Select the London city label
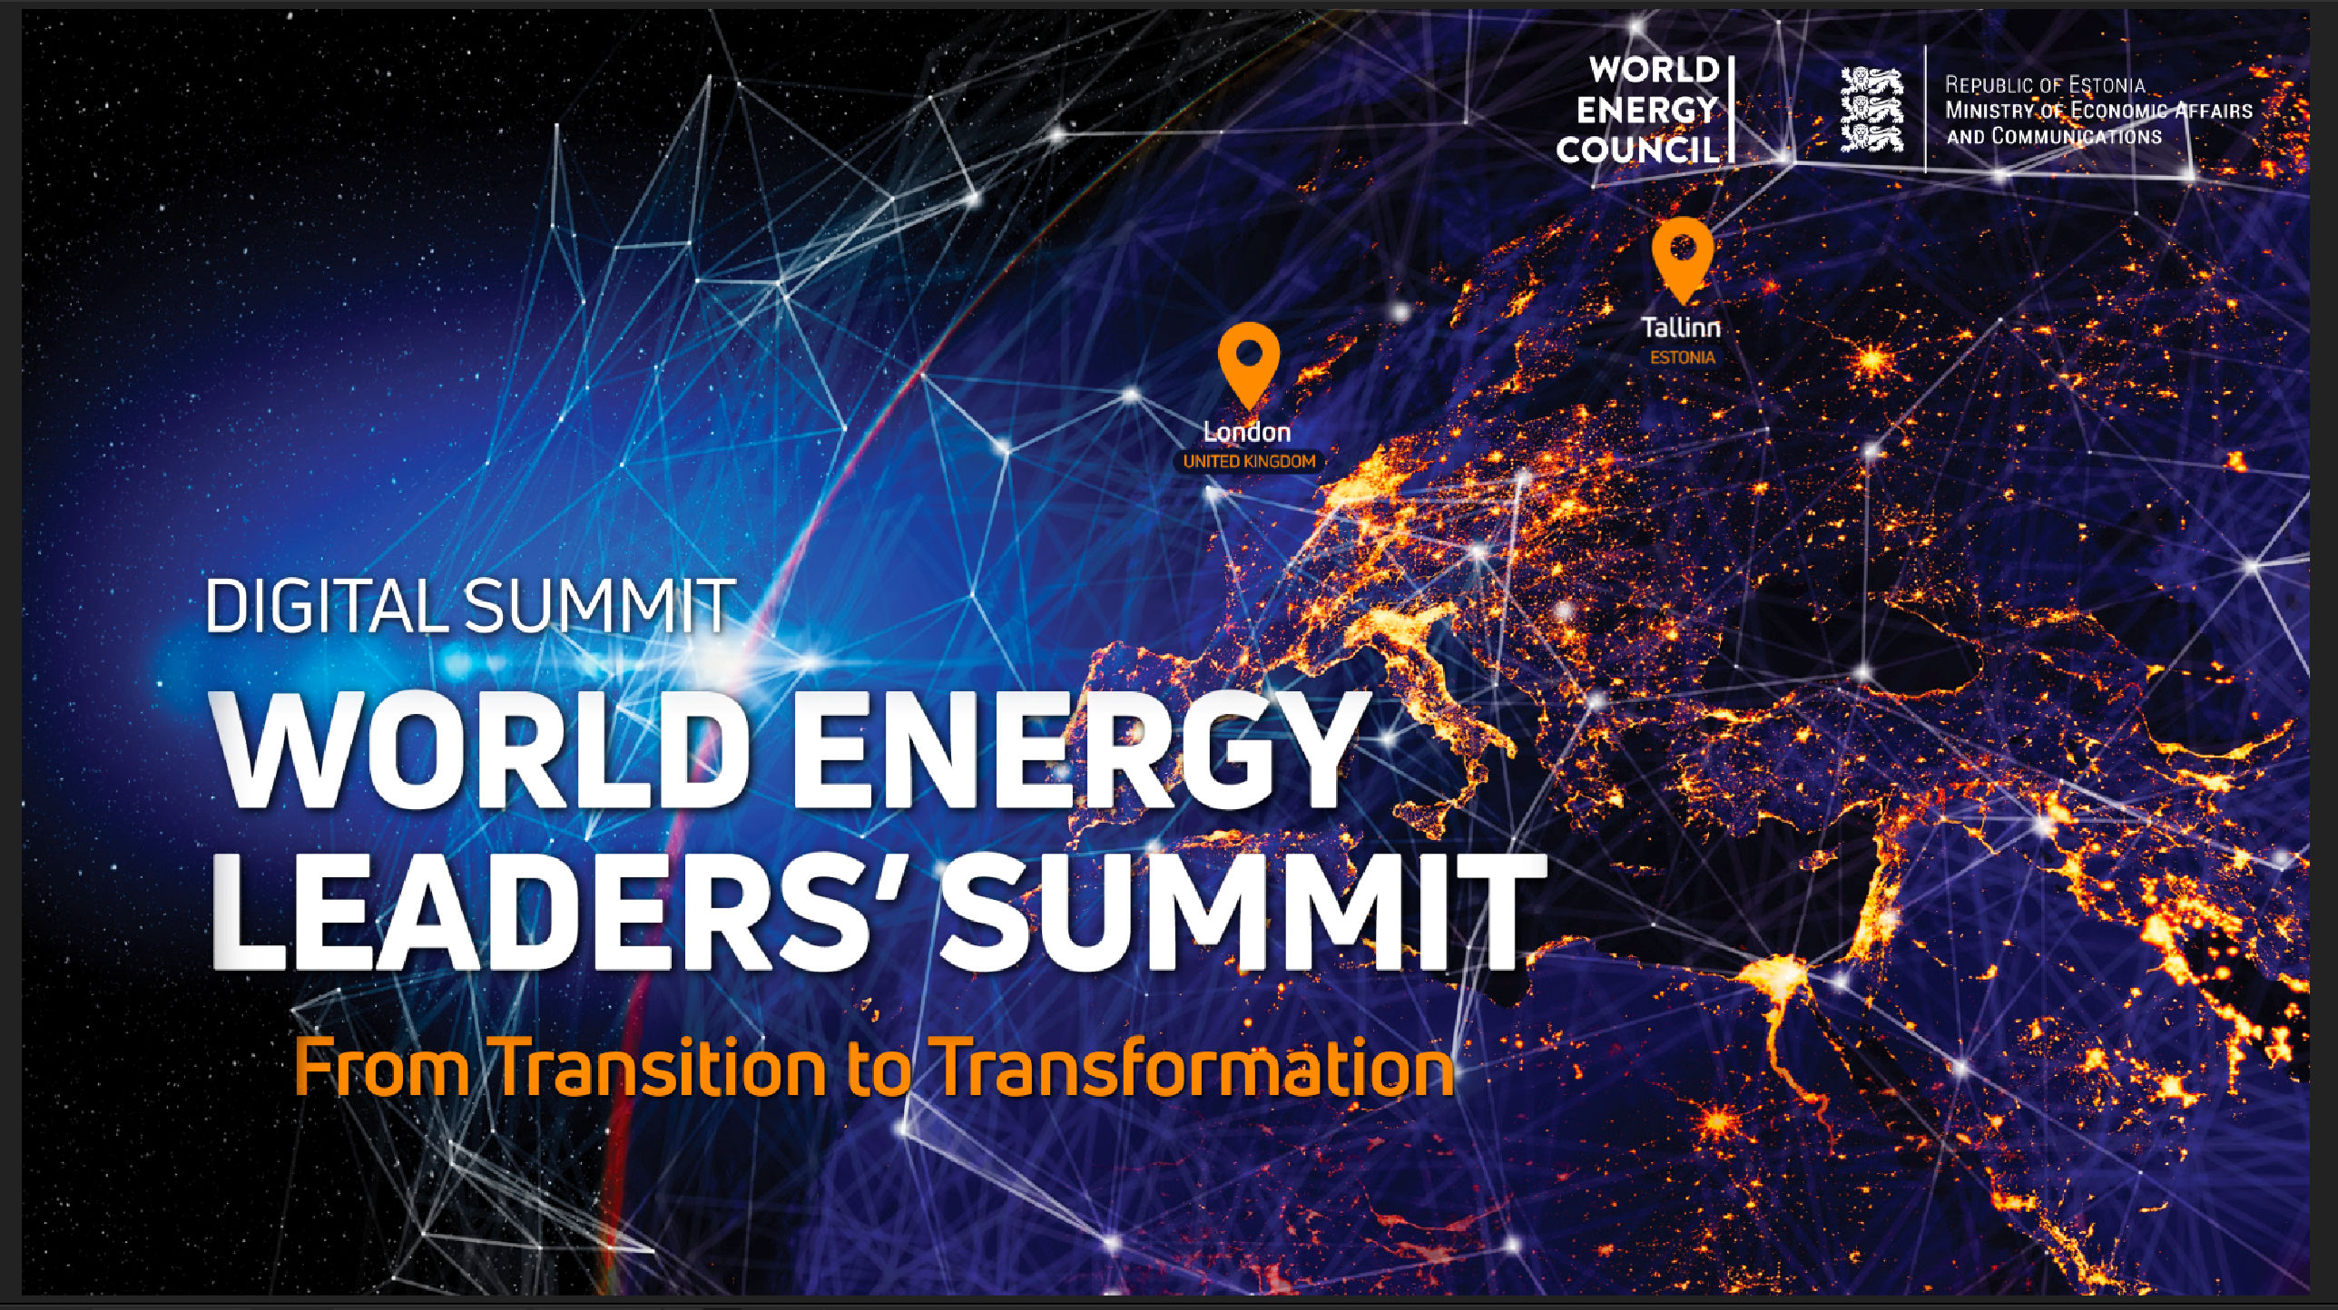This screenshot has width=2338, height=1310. click(1247, 432)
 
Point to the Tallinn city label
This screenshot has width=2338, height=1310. click(1681, 327)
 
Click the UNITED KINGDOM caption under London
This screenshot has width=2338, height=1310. click(1249, 462)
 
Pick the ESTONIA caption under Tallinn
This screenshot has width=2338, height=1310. click(1683, 357)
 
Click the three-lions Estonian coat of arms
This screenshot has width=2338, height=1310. click(1871, 109)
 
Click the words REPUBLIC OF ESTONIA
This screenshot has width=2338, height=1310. click(2045, 85)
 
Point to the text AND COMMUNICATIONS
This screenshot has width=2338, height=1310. click(2054, 136)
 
